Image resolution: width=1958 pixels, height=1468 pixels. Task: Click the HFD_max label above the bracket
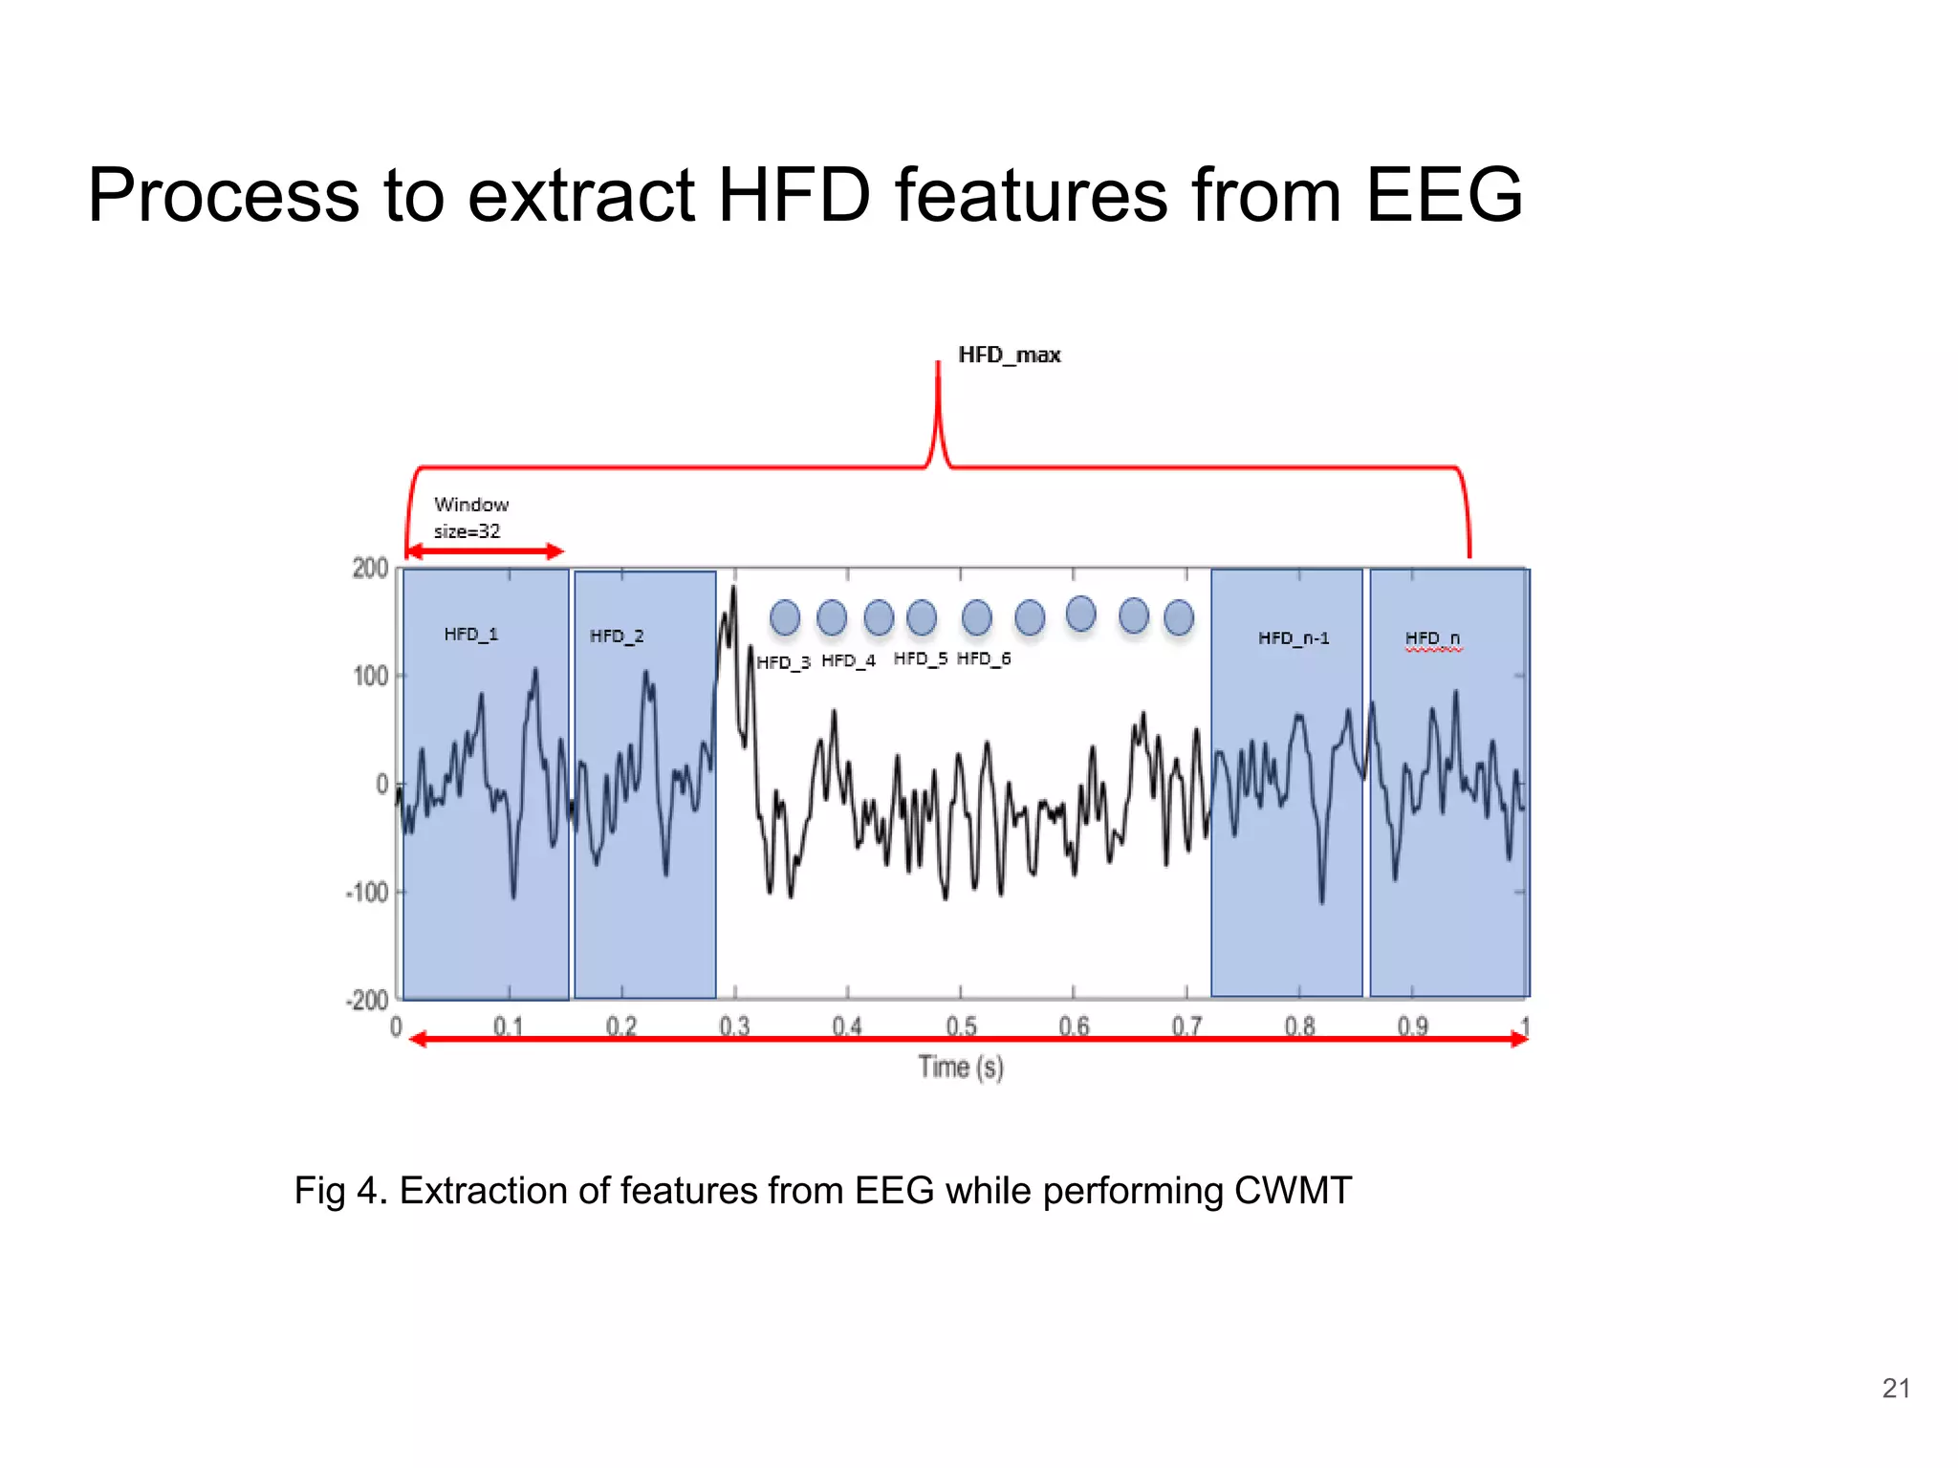click(x=1009, y=355)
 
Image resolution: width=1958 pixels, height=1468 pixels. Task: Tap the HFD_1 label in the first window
click(x=470, y=634)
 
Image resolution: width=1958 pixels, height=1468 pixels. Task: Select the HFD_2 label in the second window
click(x=617, y=636)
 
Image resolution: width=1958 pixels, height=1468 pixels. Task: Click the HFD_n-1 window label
click(x=1293, y=637)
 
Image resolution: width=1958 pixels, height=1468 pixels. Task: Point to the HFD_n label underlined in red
click(x=1431, y=637)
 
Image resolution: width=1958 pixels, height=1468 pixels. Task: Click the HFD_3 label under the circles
click(x=783, y=661)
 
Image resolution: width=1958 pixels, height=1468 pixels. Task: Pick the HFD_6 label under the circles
click(x=983, y=658)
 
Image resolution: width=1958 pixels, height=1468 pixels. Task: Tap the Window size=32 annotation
click(x=469, y=517)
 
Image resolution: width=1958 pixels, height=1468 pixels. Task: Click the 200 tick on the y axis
click(x=370, y=569)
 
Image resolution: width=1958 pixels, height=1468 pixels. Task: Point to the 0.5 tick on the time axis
click(x=961, y=1025)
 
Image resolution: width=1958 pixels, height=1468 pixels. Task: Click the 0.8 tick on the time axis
click(x=1299, y=1025)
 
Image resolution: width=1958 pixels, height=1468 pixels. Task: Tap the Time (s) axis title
click(x=961, y=1067)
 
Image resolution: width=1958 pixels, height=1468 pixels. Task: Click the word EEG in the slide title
click(x=1443, y=195)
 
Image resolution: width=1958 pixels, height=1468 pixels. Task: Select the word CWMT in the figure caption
click(x=1293, y=1191)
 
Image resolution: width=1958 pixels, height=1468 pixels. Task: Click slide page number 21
click(x=1895, y=1388)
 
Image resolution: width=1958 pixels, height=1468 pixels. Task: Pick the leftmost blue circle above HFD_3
click(x=785, y=617)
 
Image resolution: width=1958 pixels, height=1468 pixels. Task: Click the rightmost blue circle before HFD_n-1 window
click(x=1179, y=617)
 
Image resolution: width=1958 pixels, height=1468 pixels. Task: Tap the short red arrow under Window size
click(x=485, y=551)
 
